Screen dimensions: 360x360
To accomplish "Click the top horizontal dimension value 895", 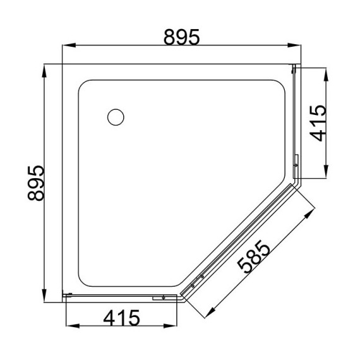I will [181, 38].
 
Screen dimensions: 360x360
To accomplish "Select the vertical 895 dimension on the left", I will [37, 183].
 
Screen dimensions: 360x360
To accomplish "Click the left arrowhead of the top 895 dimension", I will [70, 45].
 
